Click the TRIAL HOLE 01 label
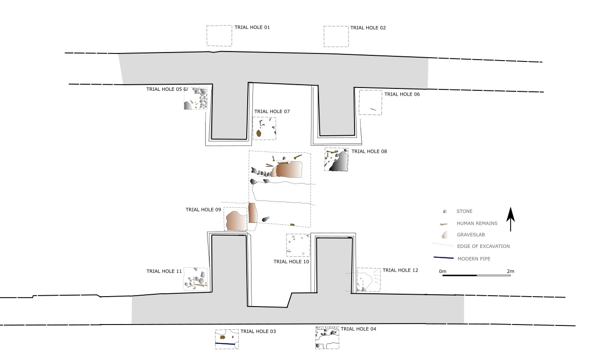[252, 27]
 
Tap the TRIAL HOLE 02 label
[368, 28]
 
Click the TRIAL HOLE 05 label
[164, 89]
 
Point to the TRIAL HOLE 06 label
[402, 94]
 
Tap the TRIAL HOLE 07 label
[272, 112]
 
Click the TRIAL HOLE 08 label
[369, 151]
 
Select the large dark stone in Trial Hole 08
[339, 162]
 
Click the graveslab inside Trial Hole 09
[236, 221]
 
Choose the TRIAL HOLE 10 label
[291, 262]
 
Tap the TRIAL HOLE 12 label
[400, 270]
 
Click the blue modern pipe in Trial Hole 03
[225, 344]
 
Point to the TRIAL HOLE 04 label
[358, 329]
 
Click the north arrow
[511, 219]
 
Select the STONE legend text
[464, 211]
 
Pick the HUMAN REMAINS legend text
[477, 223]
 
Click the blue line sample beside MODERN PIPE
[443, 258]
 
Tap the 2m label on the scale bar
[511, 272]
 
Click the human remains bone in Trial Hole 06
[373, 109]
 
